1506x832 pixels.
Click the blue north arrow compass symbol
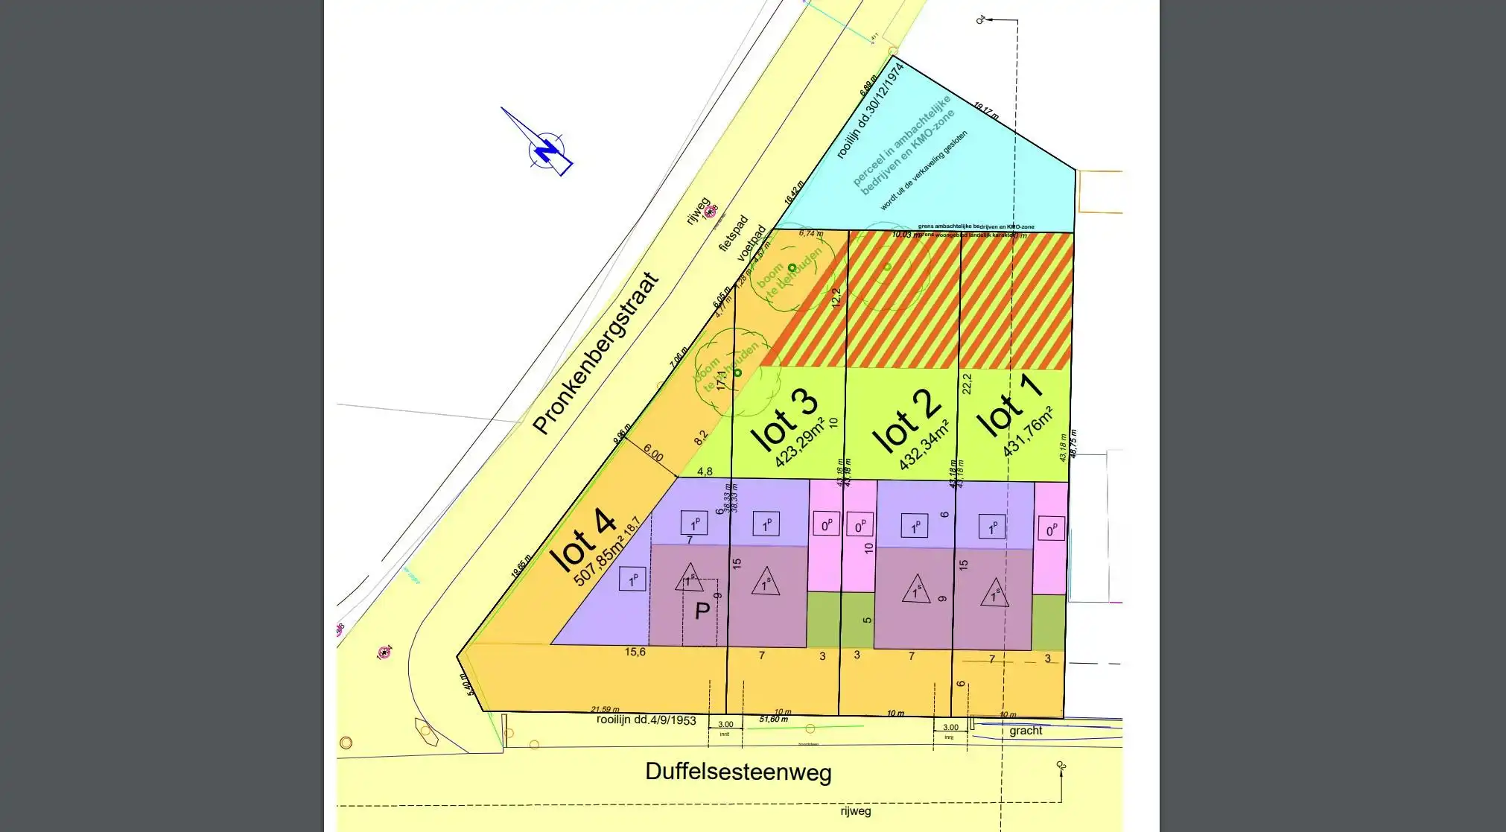point(547,147)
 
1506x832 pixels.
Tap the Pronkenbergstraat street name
point(597,354)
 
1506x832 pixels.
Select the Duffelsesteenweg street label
point(737,772)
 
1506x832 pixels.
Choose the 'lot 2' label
point(906,421)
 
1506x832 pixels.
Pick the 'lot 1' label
point(1008,406)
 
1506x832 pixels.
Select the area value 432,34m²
point(924,445)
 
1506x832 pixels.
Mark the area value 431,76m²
point(1027,432)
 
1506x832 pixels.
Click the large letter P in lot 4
point(702,612)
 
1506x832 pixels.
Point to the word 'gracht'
point(1026,731)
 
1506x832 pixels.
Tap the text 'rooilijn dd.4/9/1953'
point(646,720)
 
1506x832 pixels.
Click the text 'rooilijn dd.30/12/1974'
point(870,111)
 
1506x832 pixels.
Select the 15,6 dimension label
point(635,652)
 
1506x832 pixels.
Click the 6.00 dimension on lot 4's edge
point(652,453)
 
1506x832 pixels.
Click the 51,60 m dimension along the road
point(773,720)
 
